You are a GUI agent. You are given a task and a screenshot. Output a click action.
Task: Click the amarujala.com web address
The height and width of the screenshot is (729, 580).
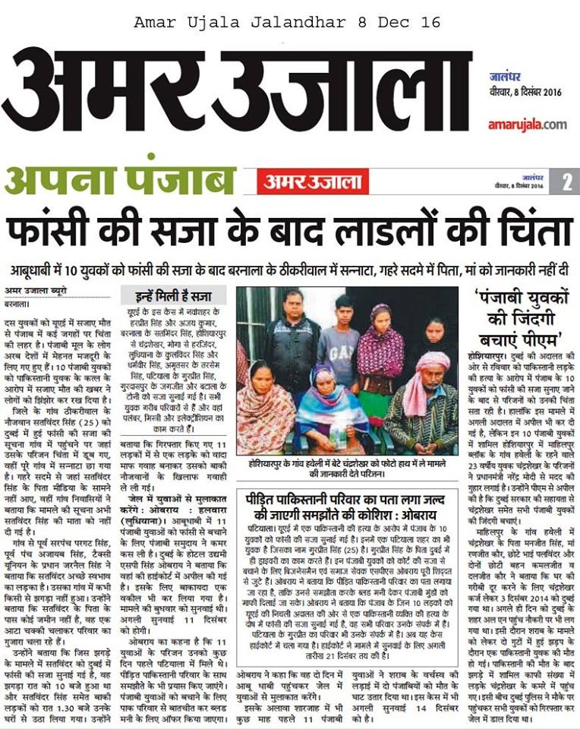click(x=527, y=124)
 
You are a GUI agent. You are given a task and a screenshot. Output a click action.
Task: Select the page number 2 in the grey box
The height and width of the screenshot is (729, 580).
click(x=566, y=182)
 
